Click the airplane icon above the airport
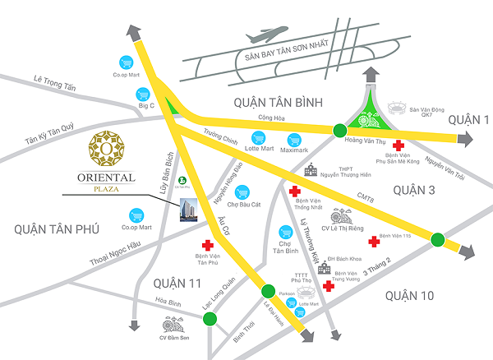pyautogui.click(x=265, y=38)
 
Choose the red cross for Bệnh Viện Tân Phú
pyautogui.click(x=208, y=246)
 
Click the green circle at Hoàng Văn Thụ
pyautogui.click(x=339, y=129)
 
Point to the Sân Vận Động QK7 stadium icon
pyautogui.click(x=398, y=108)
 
